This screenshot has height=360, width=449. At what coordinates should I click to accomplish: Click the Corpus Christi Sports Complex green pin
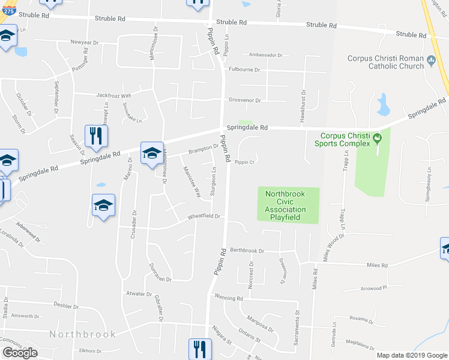click(x=377, y=139)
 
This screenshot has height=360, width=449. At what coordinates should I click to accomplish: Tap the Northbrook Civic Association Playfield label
click(x=289, y=205)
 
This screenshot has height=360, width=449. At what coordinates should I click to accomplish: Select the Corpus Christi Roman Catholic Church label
click(x=386, y=62)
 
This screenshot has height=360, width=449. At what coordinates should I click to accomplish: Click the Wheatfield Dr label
click(x=204, y=216)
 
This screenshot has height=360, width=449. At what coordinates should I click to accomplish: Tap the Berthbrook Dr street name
click(x=246, y=251)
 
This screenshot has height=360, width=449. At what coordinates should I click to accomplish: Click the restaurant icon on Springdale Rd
click(x=95, y=137)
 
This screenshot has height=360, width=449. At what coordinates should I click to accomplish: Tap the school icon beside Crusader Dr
click(x=103, y=206)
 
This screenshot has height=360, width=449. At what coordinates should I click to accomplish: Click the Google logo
click(x=20, y=353)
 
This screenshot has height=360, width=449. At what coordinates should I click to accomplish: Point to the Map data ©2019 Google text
click(x=412, y=355)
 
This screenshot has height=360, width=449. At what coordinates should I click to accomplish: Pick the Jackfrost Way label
click(x=113, y=95)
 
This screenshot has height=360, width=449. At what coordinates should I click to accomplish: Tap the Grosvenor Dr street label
click(x=244, y=100)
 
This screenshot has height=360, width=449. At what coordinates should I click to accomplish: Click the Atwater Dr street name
click(x=139, y=294)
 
